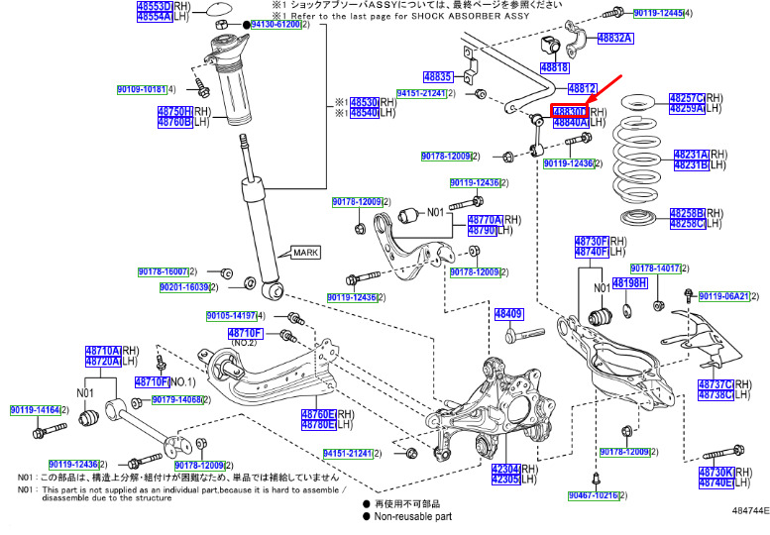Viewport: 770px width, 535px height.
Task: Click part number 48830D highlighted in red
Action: [570, 111]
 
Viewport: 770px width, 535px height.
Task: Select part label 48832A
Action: [613, 39]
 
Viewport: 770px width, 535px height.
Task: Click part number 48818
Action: [555, 67]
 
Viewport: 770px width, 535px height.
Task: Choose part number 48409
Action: [508, 314]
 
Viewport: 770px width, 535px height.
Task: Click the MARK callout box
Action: [305, 253]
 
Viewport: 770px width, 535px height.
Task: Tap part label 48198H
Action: [629, 283]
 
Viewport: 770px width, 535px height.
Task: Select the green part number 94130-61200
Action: [275, 24]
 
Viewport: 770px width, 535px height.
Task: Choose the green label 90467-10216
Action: [593, 494]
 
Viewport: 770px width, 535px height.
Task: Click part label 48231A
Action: [690, 155]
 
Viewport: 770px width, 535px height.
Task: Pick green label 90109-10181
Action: [141, 89]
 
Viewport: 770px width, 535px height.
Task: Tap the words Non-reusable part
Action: [413, 516]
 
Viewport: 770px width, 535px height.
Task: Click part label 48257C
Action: [686, 98]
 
